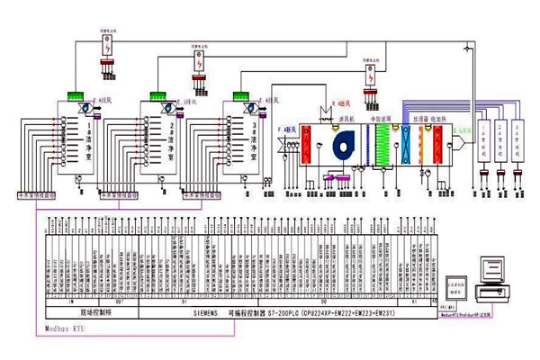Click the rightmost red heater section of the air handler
438,145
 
